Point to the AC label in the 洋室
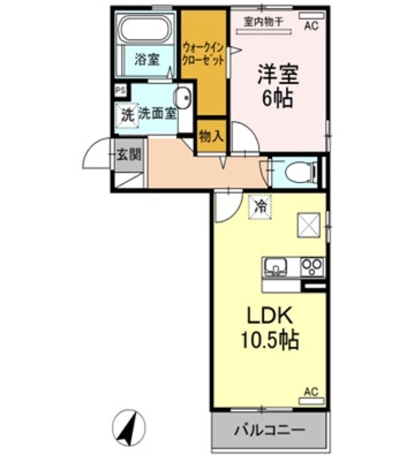tap(311, 27)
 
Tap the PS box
tap(120, 90)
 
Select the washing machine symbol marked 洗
tap(127, 114)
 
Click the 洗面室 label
tap(157, 112)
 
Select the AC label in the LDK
tap(311, 392)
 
